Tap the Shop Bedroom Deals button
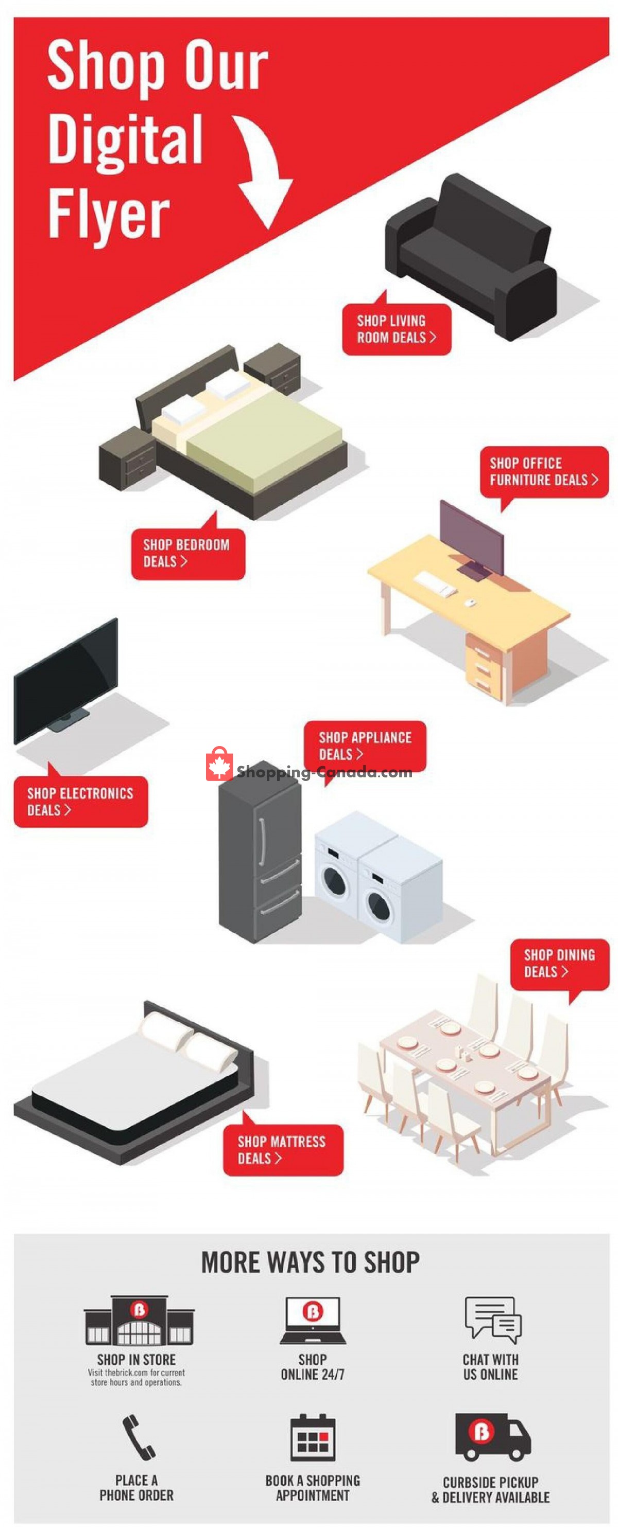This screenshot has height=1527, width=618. pos(188,553)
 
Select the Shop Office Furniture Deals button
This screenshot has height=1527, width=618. pos(544,472)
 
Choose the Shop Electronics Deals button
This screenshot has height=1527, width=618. pos(81,802)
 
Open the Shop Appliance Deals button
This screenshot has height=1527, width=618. pos(365,747)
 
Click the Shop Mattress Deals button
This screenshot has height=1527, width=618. pos(283,1149)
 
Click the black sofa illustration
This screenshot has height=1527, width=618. pos(471,257)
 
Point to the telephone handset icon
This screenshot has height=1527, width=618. pos(139,1436)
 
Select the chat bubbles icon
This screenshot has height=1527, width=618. pos(493,1320)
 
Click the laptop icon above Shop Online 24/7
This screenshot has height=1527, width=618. pos(313,1320)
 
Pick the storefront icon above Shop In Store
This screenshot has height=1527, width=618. pos(139,1320)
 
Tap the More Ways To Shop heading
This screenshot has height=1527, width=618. pos(310,1262)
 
